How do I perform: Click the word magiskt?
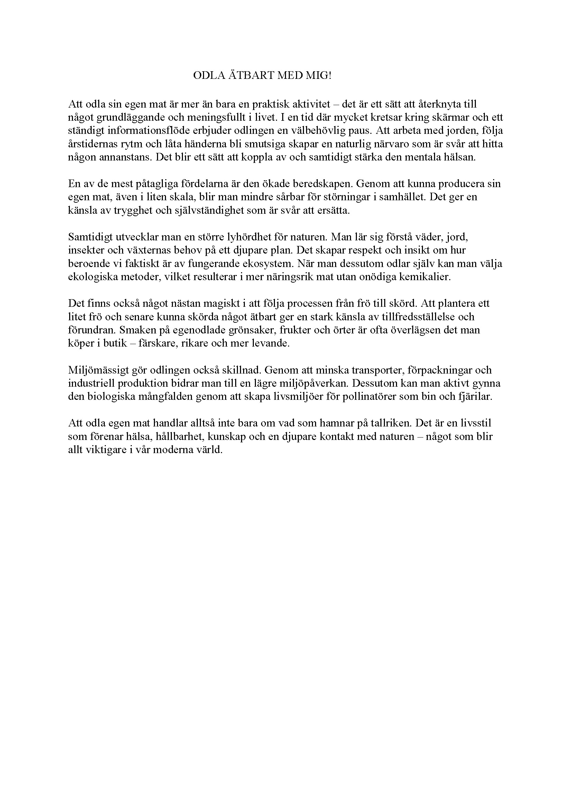pyautogui.click(x=218, y=303)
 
